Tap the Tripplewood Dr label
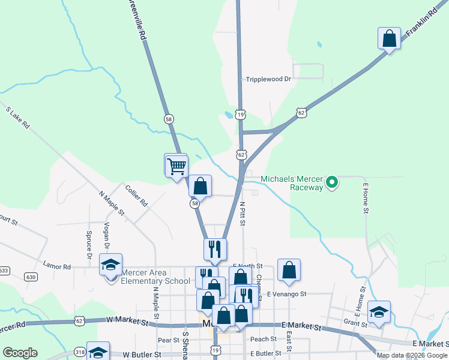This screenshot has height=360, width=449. click(268, 79)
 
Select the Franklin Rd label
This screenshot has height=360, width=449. click(424, 25)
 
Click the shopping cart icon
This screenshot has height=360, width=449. click(176, 166)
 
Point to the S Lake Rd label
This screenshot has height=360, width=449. click(18, 118)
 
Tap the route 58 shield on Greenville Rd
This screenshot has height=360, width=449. click(169, 119)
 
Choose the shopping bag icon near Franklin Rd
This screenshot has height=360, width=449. click(389, 39)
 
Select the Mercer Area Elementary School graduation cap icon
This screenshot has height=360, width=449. click(110, 264)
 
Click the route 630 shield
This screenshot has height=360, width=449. click(31, 277)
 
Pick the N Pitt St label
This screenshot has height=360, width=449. click(243, 214)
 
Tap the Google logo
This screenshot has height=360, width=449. click(20, 353)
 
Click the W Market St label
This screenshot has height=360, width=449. click(127, 322)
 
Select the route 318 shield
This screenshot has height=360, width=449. click(80, 352)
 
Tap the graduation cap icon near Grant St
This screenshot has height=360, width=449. click(379, 312)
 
